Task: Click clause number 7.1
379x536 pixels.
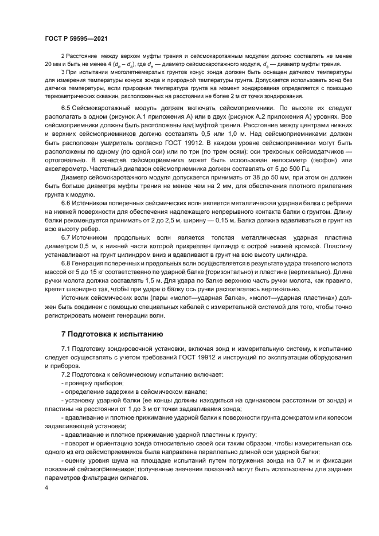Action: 68,349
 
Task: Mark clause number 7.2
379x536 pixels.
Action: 68,373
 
